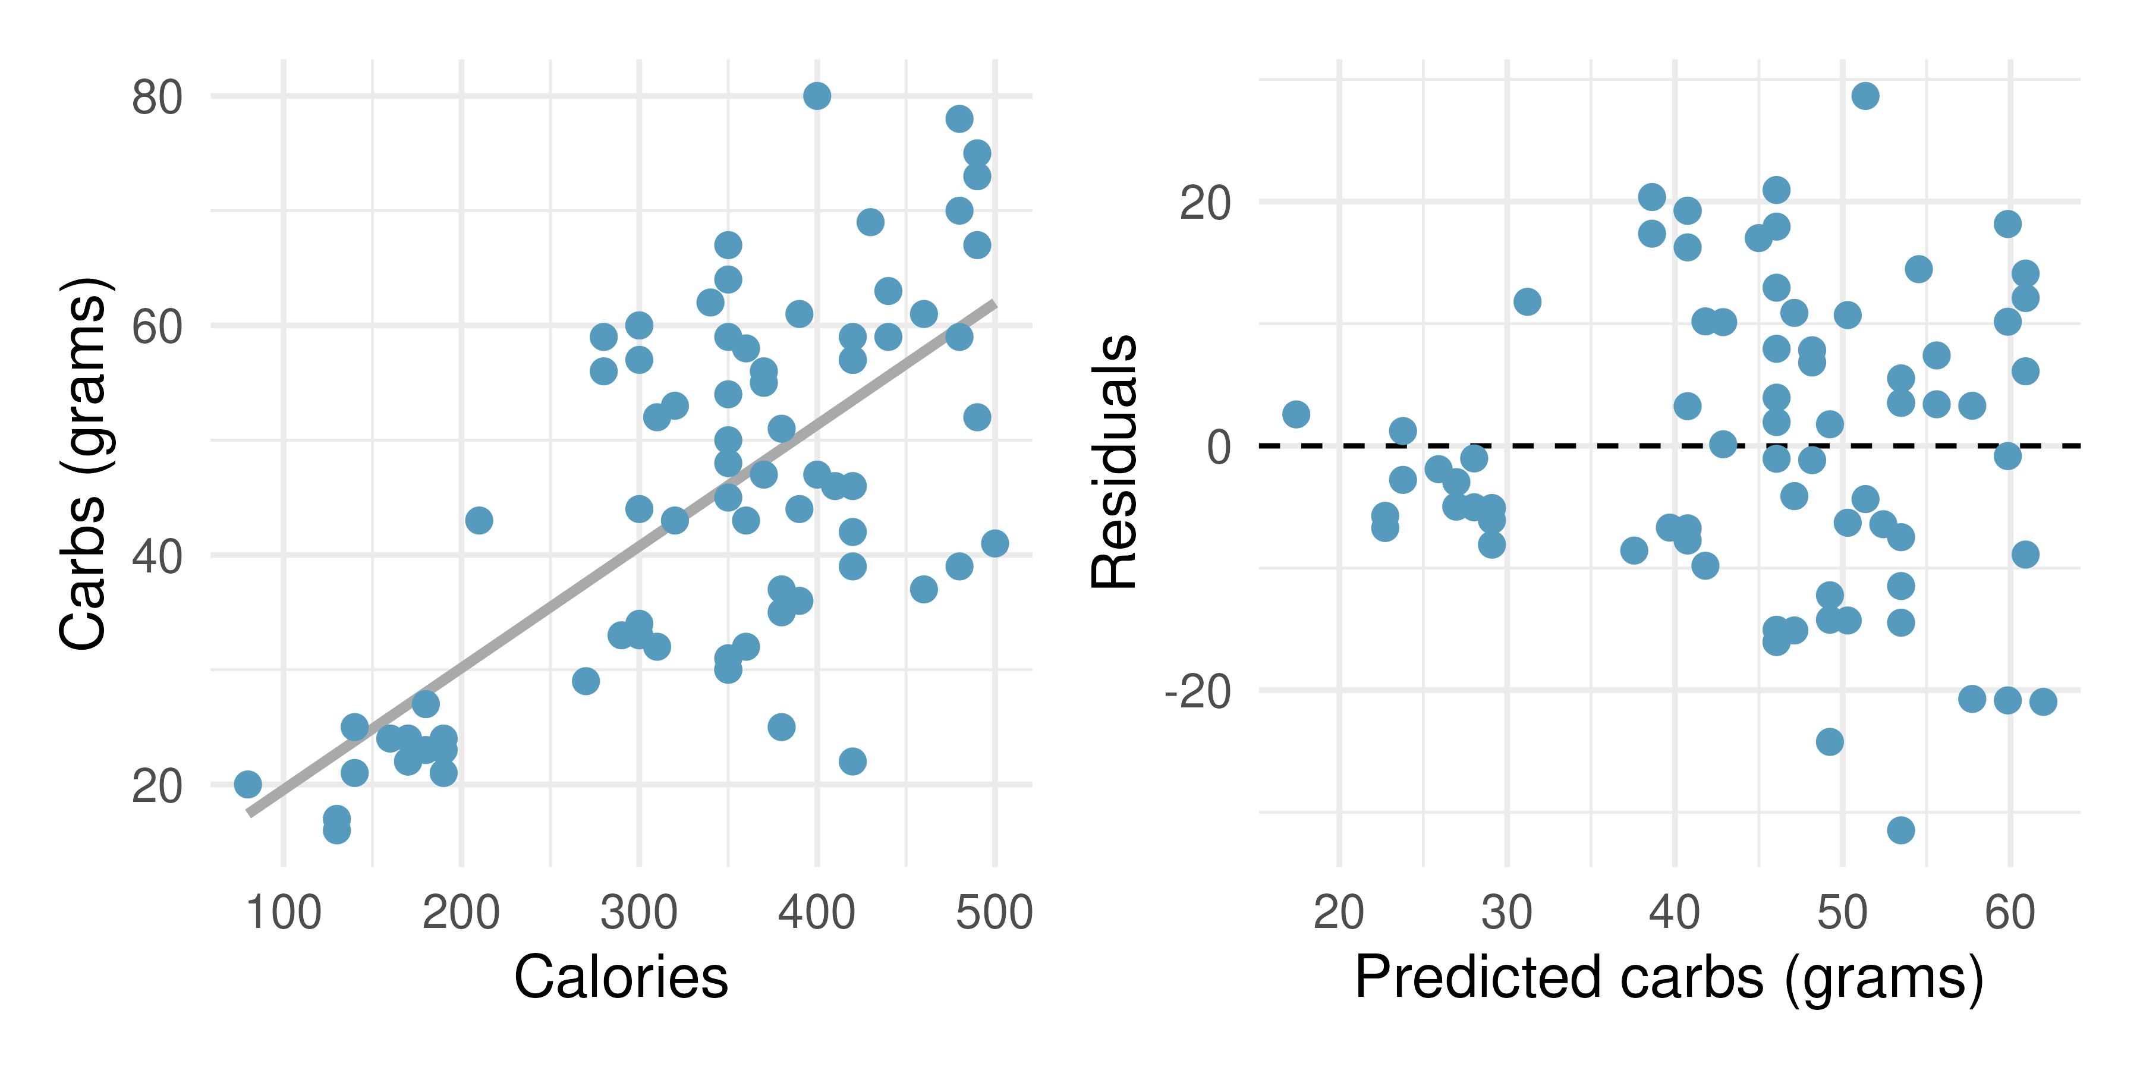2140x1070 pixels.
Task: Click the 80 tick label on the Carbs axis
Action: [x=157, y=97]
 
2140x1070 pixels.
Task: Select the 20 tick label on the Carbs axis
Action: [x=157, y=786]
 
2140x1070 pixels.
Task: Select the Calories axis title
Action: [x=621, y=976]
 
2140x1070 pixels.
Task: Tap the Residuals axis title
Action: [x=1113, y=462]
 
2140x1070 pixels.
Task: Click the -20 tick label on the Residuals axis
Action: [x=1198, y=691]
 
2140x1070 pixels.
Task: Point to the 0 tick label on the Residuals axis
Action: [x=1219, y=447]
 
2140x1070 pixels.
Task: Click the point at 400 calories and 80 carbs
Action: [x=817, y=96]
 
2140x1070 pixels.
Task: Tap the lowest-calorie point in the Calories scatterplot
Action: [x=247, y=783]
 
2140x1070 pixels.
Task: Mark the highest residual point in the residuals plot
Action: [x=1865, y=96]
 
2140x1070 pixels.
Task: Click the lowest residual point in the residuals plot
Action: [x=1901, y=830]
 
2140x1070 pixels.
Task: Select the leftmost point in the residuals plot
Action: [x=1296, y=414]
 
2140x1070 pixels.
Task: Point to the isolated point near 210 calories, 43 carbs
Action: [x=479, y=521]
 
